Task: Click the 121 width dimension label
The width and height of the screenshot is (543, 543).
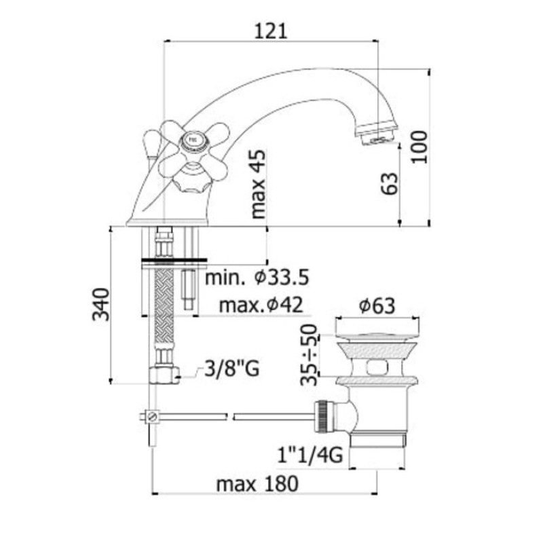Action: click(x=271, y=31)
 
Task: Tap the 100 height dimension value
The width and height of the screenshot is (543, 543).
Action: click(x=419, y=147)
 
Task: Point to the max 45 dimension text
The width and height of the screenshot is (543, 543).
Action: click(x=259, y=184)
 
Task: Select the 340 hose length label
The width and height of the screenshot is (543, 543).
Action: click(x=101, y=304)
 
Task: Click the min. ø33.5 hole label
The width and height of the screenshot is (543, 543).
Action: click(x=257, y=278)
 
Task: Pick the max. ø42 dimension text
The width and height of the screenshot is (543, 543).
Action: click(x=261, y=305)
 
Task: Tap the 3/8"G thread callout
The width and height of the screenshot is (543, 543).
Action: click(x=231, y=369)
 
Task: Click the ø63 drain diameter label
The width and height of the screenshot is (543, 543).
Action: click(x=377, y=305)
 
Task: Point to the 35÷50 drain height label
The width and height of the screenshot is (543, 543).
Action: click(x=309, y=354)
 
